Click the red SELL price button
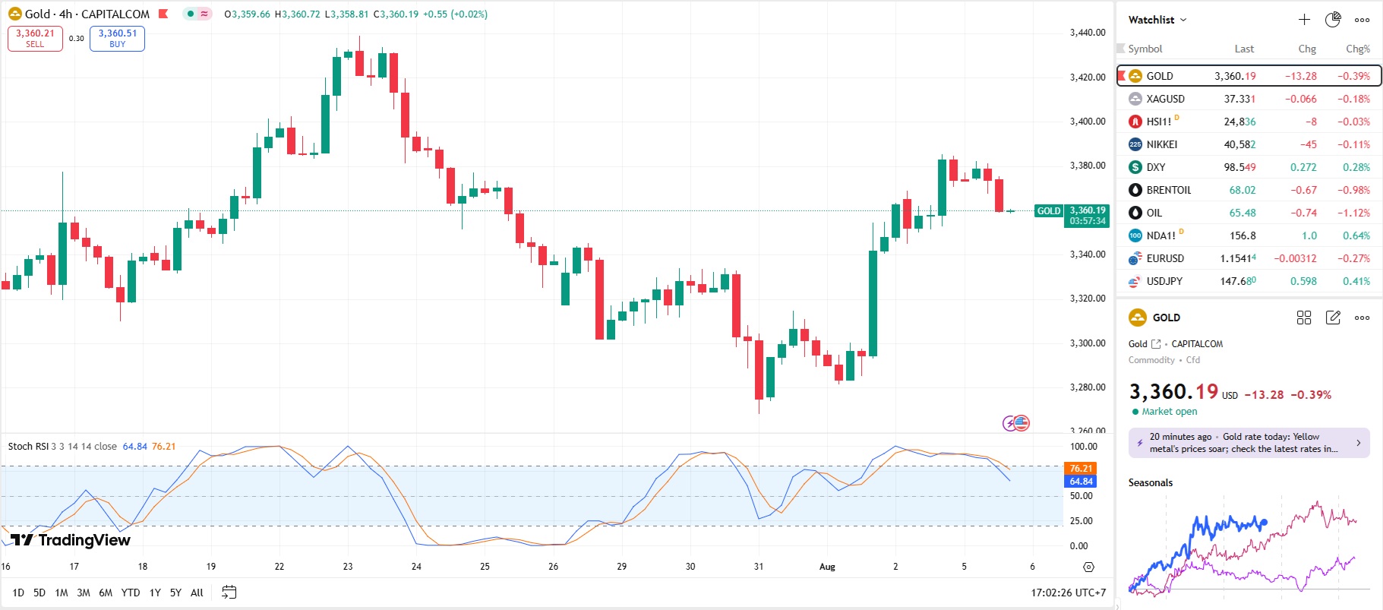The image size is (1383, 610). coord(35,38)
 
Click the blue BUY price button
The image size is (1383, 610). coord(117,38)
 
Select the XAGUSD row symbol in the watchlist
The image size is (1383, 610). coord(1165,99)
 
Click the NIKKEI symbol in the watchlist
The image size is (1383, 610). coord(1161,144)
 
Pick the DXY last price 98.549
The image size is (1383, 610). coord(1239,167)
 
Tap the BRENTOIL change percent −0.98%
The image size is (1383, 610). coord(1353,190)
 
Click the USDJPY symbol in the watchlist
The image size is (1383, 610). coord(1164,281)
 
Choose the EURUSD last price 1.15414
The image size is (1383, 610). coord(1238,258)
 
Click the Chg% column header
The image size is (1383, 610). coord(1357,49)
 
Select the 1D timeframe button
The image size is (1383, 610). coord(18,593)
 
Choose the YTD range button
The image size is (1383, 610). coord(131,593)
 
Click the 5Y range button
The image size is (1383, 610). coord(175,593)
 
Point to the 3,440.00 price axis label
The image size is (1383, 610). coord(1087,33)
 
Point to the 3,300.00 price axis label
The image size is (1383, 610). coord(1087,343)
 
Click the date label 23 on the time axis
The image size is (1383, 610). coord(348,567)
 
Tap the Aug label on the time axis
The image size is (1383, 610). coord(827,567)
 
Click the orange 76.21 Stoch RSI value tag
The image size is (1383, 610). coord(1081,468)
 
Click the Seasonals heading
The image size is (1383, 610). coord(1150,482)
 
